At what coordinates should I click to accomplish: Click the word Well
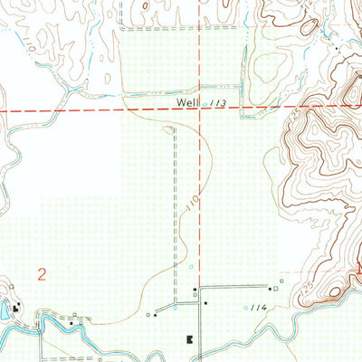[x=187, y=103]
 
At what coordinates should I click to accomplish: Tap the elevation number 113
[x=217, y=104]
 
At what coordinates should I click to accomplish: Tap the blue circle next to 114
[x=245, y=308]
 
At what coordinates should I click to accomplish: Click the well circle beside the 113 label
[x=205, y=103]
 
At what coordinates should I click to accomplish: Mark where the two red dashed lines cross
[x=198, y=110]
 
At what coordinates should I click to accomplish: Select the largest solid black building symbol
[x=190, y=339]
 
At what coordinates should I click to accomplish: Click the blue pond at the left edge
[x=4, y=311]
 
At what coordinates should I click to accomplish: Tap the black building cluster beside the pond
[x=14, y=303]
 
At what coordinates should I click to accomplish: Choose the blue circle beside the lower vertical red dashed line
[x=191, y=268]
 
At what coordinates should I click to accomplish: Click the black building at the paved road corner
[x=195, y=291]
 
